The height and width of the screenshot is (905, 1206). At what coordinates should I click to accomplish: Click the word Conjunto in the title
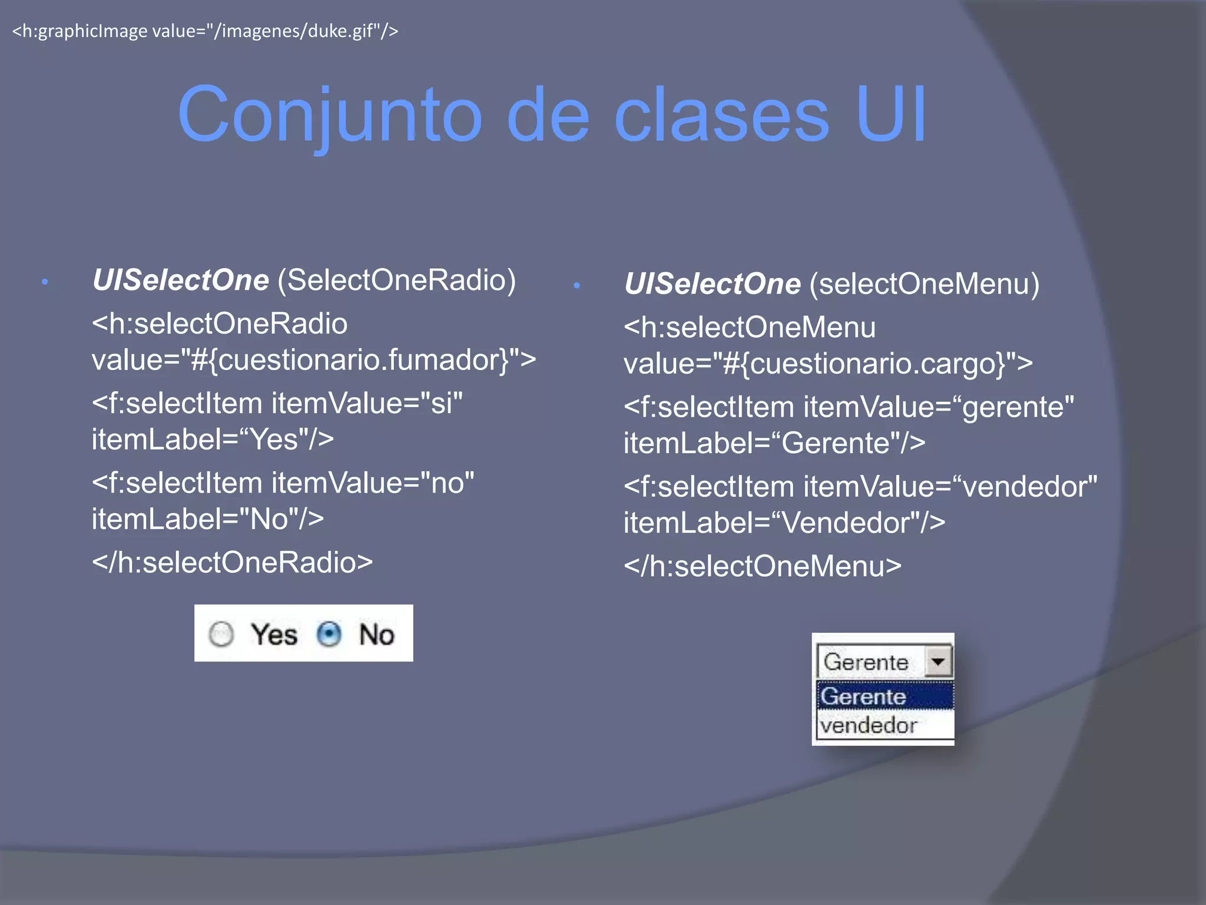[330, 115]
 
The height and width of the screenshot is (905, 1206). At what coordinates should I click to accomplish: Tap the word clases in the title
[721, 115]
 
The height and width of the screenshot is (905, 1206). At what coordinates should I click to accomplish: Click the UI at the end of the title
[890, 115]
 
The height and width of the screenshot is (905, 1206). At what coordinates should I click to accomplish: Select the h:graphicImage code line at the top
[205, 31]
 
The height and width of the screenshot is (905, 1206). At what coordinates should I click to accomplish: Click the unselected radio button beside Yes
[221, 635]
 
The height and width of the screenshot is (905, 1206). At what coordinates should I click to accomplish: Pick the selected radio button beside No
[329, 635]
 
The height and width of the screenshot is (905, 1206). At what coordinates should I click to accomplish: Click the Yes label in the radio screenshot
[274, 635]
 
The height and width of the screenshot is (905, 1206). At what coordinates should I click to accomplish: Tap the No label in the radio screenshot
[376, 635]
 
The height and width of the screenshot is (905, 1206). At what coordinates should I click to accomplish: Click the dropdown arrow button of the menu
[937, 661]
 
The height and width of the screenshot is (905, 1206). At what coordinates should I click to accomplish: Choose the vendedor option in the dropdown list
[869, 725]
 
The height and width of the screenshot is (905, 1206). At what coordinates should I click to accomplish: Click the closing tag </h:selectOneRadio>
[232, 562]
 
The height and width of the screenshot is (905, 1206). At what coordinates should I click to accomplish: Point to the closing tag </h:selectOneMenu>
[762, 566]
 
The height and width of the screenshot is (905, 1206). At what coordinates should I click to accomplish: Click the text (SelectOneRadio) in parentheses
[396, 280]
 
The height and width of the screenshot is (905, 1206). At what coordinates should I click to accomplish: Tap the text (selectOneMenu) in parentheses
[924, 284]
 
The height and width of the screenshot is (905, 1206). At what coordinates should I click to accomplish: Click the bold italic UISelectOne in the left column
[181, 280]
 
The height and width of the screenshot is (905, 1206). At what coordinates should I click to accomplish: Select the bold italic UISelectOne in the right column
[713, 284]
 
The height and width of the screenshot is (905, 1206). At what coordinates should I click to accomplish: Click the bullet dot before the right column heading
[577, 286]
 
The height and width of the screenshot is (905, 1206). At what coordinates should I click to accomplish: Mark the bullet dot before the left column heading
[45, 282]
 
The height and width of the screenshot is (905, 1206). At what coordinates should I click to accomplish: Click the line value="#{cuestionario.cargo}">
[827, 364]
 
